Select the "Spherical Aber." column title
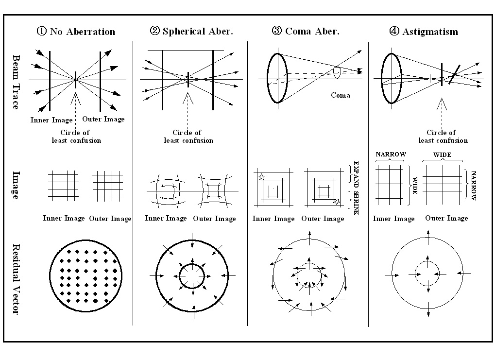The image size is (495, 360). point(198,32)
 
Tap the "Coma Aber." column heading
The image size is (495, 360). point(312,32)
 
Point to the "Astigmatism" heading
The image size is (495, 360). point(430,32)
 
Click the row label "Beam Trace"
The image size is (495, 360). point(16,81)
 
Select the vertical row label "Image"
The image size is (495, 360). point(16,185)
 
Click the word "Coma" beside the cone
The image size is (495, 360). point(341,95)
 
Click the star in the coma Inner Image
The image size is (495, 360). point(262,177)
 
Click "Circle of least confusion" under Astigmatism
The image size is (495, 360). point(443,137)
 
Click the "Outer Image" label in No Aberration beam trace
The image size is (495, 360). point(103,119)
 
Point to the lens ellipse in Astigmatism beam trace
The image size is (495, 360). point(391,78)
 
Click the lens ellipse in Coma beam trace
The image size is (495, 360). point(275,78)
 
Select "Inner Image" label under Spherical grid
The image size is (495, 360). point(166,219)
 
